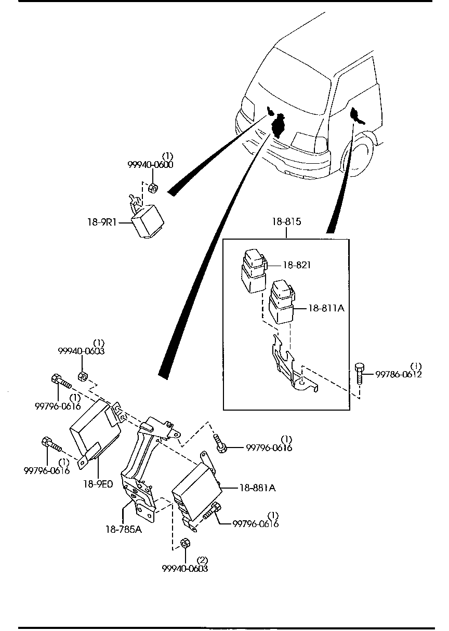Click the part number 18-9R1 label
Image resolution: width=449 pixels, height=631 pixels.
click(102, 222)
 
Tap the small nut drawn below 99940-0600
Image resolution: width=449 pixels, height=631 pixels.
click(153, 188)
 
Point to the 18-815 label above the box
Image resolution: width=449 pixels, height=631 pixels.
click(286, 222)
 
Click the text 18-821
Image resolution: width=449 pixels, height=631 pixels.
click(297, 265)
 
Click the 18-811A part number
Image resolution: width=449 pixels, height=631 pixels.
click(326, 308)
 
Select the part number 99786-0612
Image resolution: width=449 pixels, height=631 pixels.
click(398, 374)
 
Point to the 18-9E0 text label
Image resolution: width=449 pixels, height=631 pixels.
click(98, 484)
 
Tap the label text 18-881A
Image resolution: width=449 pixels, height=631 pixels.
click(257, 488)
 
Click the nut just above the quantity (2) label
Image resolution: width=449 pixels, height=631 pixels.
click(184, 544)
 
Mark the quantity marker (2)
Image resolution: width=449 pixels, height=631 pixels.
click(203, 560)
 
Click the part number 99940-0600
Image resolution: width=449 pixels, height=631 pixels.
click(150, 164)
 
